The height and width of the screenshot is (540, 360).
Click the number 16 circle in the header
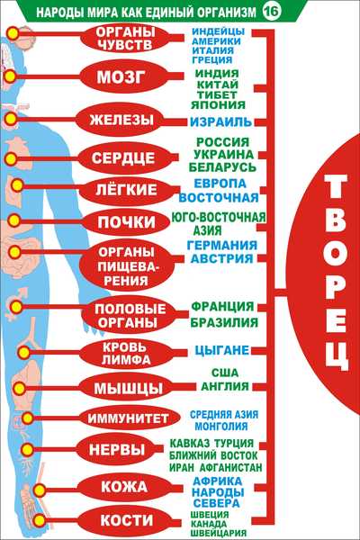[x=272, y=12]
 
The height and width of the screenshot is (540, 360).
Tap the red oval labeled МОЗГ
[x=121, y=77]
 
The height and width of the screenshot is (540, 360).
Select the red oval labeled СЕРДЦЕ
[x=122, y=158]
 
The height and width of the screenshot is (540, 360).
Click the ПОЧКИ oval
[x=126, y=222]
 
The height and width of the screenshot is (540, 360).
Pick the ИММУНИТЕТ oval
[x=128, y=418]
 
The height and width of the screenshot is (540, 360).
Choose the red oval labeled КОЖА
[x=124, y=487]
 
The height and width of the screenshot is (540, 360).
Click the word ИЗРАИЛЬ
[x=220, y=121]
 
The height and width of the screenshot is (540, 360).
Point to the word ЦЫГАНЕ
[x=222, y=350]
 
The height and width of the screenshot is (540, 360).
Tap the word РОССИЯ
[x=222, y=142]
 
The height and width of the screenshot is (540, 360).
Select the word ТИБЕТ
[x=217, y=94]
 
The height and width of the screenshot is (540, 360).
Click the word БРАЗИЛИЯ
[x=224, y=323]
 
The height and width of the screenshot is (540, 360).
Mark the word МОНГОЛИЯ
[x=221, y=426]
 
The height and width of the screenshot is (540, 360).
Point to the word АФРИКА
[x=218, y=481]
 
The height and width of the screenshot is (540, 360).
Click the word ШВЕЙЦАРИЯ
[x=219, y=533]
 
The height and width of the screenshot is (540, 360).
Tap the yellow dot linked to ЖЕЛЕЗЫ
[x=11, y=119]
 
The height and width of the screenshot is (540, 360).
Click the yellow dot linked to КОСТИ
[x=40, y=520]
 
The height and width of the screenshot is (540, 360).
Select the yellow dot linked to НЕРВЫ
[x=28, y=449]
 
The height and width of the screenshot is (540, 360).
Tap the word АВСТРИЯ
[x=222, y=258]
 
